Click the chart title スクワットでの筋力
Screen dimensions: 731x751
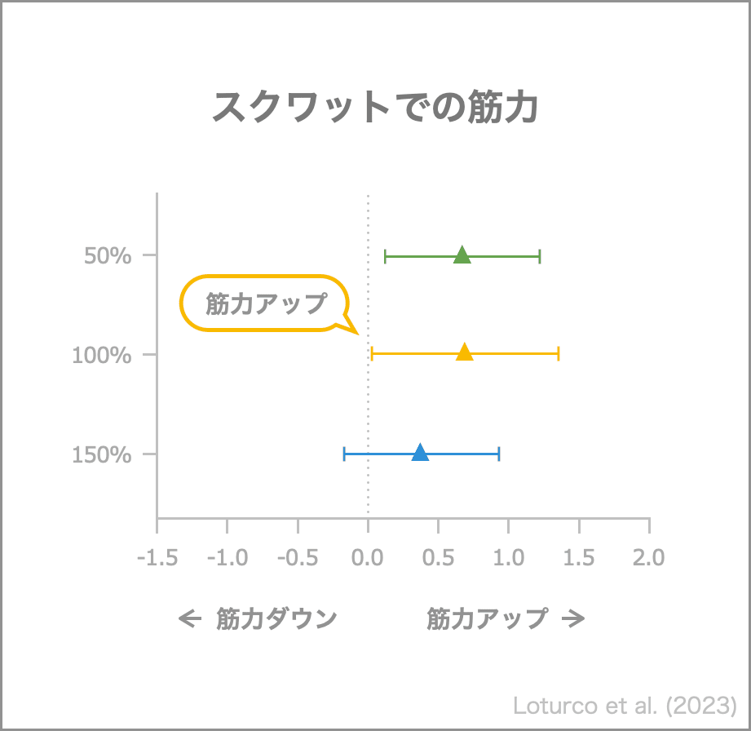coord(375,107)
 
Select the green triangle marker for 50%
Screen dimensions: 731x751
coord(462,255)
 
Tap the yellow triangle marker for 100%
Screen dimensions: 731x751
coord(465,352)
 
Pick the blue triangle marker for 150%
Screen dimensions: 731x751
coord(420,453)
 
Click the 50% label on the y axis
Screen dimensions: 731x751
coord(108,256)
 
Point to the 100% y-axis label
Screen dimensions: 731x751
coord(102,356)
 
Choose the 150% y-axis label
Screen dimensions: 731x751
coord(102,455)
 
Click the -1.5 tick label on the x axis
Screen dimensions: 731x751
coord(157,558)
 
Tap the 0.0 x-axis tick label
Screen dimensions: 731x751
coord(368,558)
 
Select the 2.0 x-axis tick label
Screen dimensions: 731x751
coord(649,558)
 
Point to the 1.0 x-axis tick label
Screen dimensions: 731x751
coord(509,558)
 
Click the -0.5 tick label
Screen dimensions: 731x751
coord(298,558)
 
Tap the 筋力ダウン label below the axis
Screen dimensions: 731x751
coord(276,619)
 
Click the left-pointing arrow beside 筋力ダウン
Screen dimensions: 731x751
coord(190,619)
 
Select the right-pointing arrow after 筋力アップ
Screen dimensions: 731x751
coord(574,619)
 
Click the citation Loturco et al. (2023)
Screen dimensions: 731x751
coord(625,705)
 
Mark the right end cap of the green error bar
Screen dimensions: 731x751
coord(540,256)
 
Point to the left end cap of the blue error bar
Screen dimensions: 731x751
coord(344,454)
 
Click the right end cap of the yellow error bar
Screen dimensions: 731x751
coord(559,353)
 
